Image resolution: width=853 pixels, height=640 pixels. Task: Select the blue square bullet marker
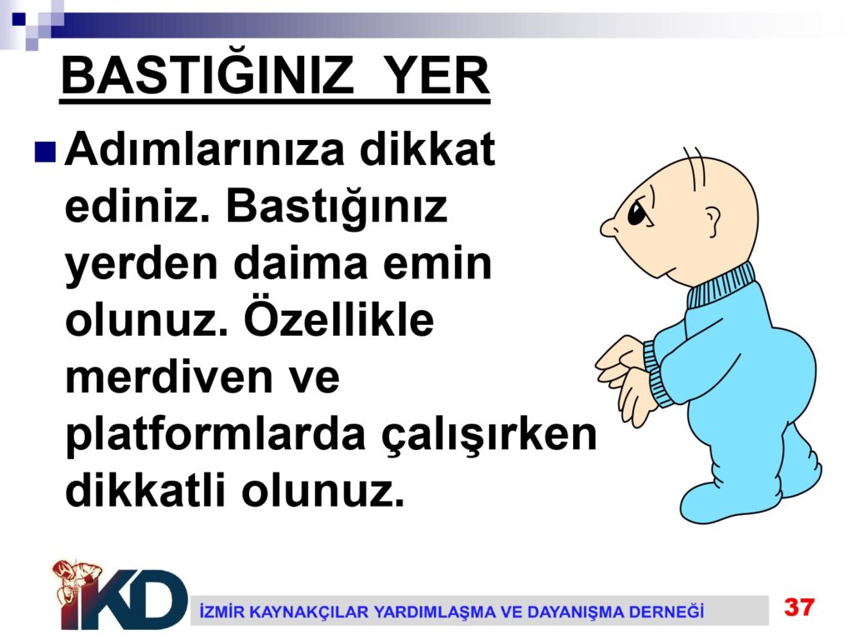tap(45, 152)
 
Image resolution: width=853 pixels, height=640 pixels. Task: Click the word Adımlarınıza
tap(205, 149)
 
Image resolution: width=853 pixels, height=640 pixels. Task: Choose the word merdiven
tap(168, 377)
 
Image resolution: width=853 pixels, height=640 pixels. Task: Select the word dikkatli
tap(145, 490)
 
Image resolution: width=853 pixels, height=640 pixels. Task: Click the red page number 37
tap(799, 607)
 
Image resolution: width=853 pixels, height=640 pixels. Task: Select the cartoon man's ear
tap(712, 222)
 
